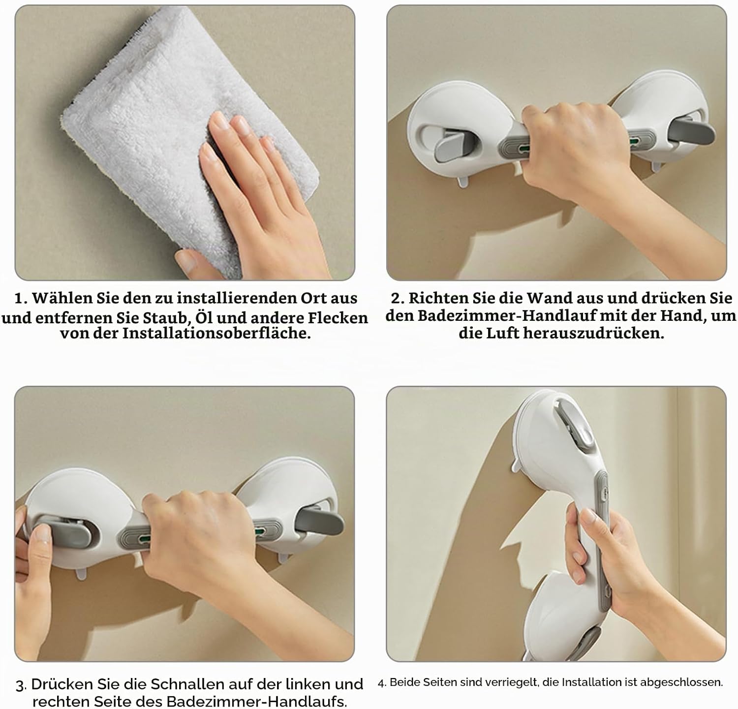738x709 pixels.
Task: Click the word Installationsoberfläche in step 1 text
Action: coord(216,333)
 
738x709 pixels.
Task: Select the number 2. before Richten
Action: coord(398,298)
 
